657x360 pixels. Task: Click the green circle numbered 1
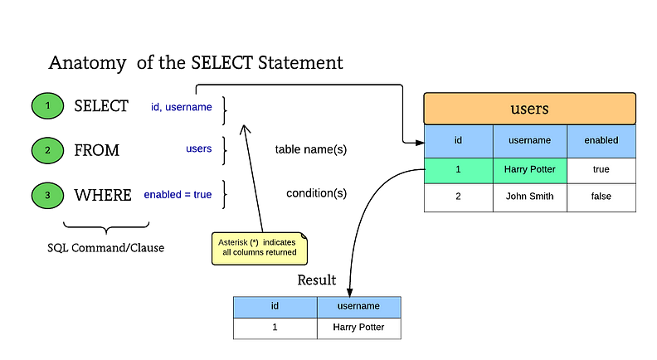(47, 106)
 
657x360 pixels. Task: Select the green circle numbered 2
(47, 150)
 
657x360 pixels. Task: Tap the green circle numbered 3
(47, 196)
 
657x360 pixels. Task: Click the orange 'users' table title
(529, 109)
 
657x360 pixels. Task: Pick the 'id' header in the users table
(458, 140)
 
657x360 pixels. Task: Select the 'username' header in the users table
(529, 140)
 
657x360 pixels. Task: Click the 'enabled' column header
(601, 140)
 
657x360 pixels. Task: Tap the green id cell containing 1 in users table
(458, 169)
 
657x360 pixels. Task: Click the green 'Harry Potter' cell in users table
(529, 169)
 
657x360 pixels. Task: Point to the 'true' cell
(601, 169)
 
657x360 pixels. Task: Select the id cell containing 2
(458, 197)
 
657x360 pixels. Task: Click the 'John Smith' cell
(529, 197)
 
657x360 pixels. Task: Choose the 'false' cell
(601, 197)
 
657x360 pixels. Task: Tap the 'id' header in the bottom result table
(275, 306)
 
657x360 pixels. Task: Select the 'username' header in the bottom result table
(358, 306)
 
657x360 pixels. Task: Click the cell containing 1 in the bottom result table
(275, 328)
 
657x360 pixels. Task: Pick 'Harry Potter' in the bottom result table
(358, 328)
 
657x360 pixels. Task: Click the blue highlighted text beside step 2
(199, 149)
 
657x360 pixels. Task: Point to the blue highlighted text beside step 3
(178, 195)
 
